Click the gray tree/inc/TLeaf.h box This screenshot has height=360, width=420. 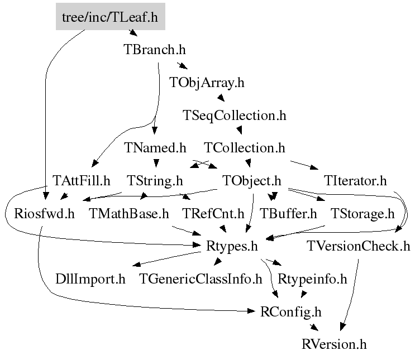point(110,17)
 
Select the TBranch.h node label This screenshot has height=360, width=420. point(154,49)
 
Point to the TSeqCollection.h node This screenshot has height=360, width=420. point(234,116)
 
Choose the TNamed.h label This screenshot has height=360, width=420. point(155,148)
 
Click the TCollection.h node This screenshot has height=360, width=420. point(245,148)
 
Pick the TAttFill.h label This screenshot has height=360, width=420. point(82,181)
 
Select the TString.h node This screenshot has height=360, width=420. point(155,181)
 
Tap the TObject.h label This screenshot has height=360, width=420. point(251,181)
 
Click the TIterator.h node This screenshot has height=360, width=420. point(355,181)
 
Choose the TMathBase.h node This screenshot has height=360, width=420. point(128,213)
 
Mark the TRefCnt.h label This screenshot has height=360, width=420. point(213,213)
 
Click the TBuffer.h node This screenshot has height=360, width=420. point(288,213)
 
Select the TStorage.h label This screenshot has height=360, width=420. point(362,213)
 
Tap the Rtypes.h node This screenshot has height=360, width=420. point(232,246)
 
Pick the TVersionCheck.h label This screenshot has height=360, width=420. point(358,246)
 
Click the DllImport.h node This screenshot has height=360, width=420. point(90,279)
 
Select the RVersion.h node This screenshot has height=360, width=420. point(333,344)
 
